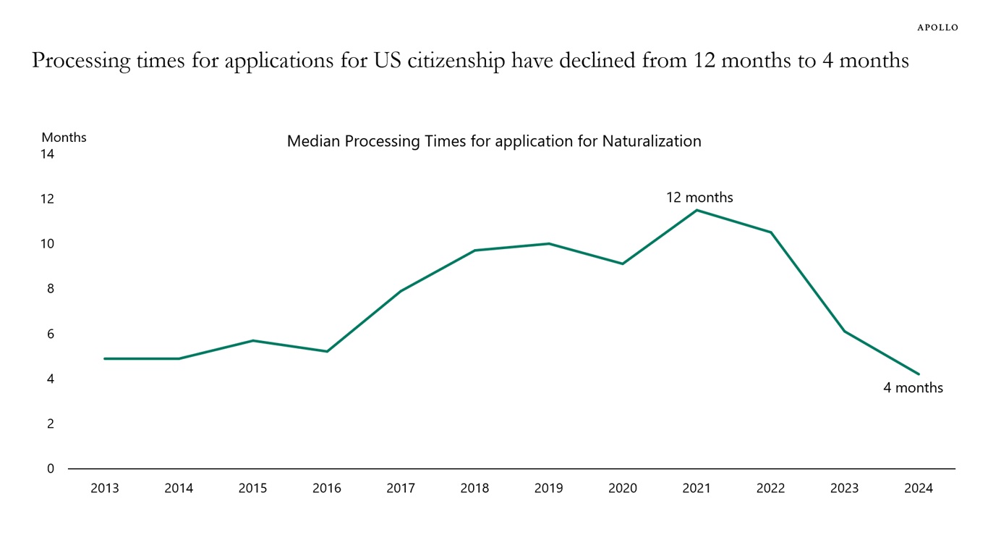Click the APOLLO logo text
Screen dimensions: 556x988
[x=937, y=28]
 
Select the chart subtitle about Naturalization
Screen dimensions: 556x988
[x=494, y=141]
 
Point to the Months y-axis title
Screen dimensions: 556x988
[x=64, y=138]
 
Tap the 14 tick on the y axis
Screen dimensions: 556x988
[x=48, y=154]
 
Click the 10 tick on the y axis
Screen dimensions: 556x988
[x=48, y=244]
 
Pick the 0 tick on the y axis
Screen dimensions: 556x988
[x=51, y=469]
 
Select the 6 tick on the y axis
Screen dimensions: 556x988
[x=51, y=334]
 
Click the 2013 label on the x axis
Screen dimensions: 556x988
[x=105, y=489]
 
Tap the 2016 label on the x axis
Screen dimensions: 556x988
[x=327, y=489]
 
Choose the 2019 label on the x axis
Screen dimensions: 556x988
[x=548, y=489]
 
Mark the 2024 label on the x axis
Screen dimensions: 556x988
[x=919, y=489]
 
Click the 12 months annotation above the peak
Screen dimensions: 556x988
[x=699, y=198]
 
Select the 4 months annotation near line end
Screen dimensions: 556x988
[x=913, y=388]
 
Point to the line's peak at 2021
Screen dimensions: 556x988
[x=697, y=210]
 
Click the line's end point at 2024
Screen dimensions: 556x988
[x=919, y=374]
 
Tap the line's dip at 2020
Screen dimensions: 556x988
[x=623, y=264]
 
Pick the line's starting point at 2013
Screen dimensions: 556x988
[x=105, y=358]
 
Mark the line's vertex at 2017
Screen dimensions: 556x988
[x=401, y=291]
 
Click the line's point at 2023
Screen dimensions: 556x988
[x=844, y=332]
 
